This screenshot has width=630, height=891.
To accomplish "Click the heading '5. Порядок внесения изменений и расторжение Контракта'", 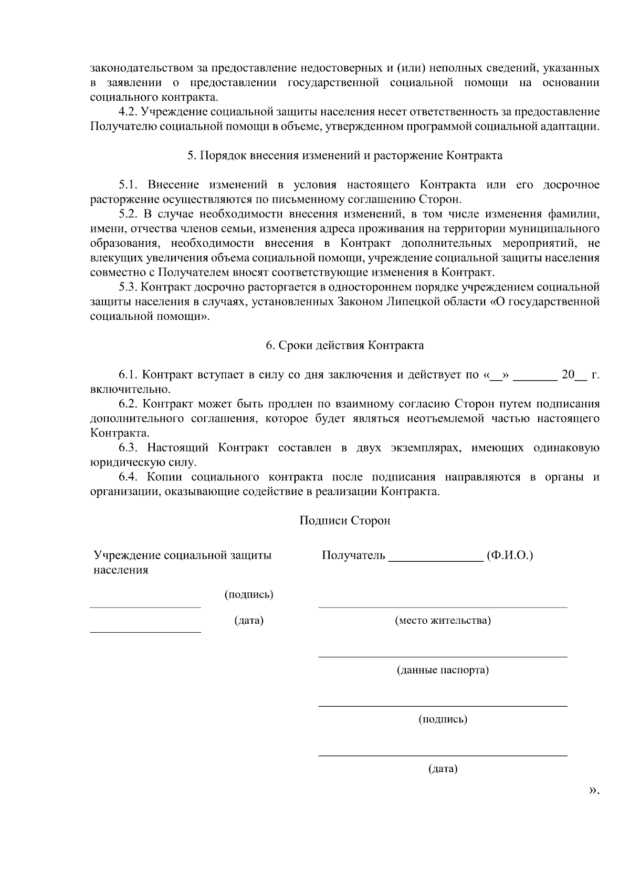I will tap(344, 156).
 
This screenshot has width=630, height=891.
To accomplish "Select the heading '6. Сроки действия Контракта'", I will tap(344, 345).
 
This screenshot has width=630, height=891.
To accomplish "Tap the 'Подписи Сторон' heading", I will tap(344, 521).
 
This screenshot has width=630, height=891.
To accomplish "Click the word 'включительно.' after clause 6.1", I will tap(130, 390).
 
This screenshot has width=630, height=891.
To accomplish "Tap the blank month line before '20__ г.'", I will tap(534, 376).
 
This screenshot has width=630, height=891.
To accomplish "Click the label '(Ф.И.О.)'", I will tap(510, 555).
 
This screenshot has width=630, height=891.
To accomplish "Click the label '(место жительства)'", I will tap(443, 621).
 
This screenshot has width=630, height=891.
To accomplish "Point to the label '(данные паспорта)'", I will tap(443, 670).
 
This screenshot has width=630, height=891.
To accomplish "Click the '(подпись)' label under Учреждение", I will tap(249, 595).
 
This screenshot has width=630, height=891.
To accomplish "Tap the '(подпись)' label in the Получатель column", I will tap(443, 719).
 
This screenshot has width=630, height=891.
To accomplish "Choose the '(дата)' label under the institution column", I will tap(249, 621).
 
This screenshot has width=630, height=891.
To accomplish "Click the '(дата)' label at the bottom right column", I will tap(443, 769).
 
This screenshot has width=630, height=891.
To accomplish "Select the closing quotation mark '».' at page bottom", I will tap(594, 790).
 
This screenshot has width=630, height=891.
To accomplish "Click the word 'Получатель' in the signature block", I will tap(353, 555).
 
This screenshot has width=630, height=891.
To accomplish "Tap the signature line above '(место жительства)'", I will tap(443, 607).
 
